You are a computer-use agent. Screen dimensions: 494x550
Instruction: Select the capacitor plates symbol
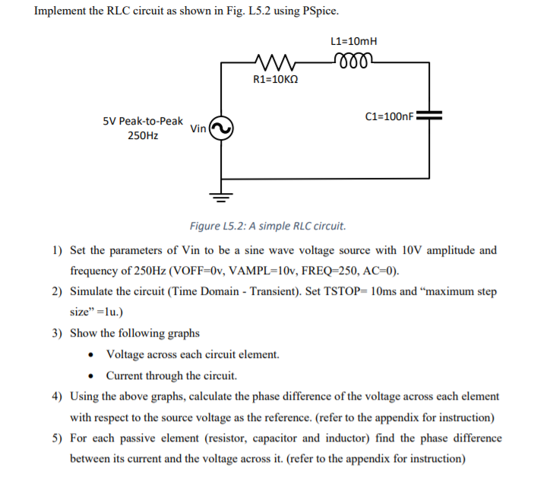(430, 117)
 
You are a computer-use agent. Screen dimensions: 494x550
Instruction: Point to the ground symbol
(221, 195)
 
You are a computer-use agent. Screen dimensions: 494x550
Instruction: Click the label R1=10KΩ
(274, 78)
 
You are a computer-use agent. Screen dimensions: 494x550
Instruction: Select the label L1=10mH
(355, 42)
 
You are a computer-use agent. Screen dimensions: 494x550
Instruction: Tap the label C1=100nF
(390, 117)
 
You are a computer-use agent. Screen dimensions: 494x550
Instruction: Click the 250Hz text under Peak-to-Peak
(143, 136)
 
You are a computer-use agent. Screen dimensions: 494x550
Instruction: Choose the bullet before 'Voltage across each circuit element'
(92, 355)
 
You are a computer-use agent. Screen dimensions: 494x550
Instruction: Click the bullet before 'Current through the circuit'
(92, 375)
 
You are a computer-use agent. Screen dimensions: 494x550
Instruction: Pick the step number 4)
(58, 397)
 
